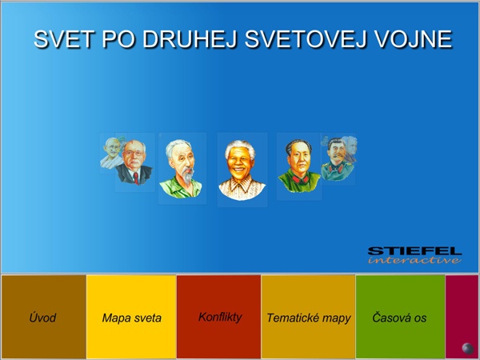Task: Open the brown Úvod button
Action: pos(43,317)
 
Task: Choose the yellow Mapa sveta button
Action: pos(131,317)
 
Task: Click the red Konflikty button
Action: pos(219,317)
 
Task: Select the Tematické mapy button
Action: pos(308,317)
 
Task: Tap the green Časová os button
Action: pos(400,317)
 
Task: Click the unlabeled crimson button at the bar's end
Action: pos(462,317)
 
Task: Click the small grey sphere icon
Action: pos(467,348)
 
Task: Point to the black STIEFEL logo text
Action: pos(414,251)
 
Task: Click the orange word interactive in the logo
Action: pos(414,260)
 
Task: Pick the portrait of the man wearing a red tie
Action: pos(134,162)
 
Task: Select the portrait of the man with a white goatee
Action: pos(181,169)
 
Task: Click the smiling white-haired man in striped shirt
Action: pos(242,170)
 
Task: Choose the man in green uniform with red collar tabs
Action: pos(298,166)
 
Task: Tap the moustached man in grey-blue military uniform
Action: pos(337,159)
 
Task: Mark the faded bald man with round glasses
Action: pos(111,153)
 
